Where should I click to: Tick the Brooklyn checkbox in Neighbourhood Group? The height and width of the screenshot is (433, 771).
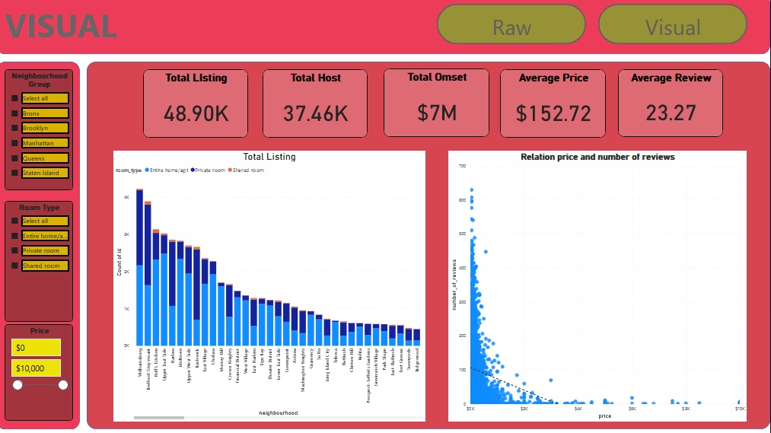14,128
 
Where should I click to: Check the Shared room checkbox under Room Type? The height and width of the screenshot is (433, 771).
14,266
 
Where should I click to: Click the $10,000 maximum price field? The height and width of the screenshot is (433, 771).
36,368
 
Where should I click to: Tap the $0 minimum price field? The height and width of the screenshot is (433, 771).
36,348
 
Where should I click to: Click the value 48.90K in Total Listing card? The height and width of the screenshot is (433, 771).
196,113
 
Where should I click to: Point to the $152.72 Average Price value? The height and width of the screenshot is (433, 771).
553,113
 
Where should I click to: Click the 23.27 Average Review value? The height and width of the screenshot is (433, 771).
671,113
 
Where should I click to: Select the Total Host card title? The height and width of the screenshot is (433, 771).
315,78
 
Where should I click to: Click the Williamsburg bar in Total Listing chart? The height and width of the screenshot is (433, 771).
140,266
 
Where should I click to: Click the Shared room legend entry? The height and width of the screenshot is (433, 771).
247,170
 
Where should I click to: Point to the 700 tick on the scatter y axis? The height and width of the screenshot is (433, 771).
462,165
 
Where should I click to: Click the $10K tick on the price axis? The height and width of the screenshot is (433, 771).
739,409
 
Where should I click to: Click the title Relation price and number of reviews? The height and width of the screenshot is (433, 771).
597,157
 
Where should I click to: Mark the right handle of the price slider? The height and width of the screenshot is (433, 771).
63,385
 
